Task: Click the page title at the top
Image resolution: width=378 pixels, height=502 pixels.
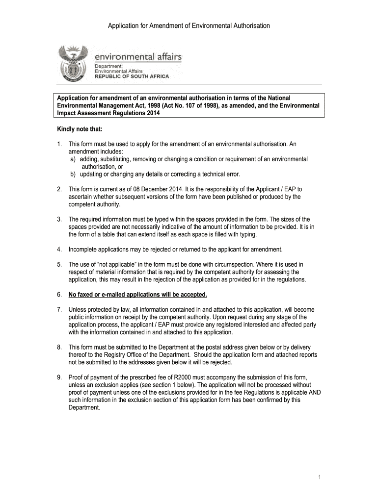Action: pyautogui.click(x=189, y=25)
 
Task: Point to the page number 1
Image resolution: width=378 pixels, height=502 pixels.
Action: pyautogui.click(x=319, y=478)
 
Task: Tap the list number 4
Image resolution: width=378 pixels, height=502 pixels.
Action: pyautogui.click(x=59, y=249)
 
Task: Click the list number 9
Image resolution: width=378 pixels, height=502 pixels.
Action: pyautogui.click(x=59, y=377)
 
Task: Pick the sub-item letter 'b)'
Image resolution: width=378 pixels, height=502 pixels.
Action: pyautogui.click(x=73, y=174)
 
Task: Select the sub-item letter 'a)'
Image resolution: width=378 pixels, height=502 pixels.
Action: pyautogui.click(x=73, y=159)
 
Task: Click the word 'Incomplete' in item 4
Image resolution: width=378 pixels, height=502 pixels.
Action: pyautogui.click(x=85, y=249)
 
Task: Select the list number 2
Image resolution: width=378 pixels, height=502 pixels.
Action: pyautogui.click(x=59, y=189)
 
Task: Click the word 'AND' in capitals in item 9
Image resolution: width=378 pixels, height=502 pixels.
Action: pyautogui.click(x=314, y=392)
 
